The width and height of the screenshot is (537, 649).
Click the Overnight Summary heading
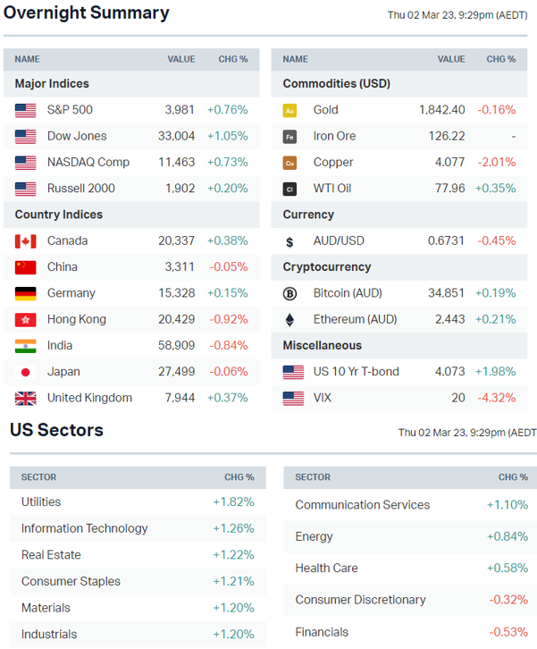(x=87, y=13)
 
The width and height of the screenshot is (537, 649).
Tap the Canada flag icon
(x=26, y=240)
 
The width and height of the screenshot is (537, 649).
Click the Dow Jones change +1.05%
(x=227, y=136)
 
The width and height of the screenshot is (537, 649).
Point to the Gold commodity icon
(x=289, y=110)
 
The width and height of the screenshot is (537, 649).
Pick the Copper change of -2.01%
(x=496, y=162)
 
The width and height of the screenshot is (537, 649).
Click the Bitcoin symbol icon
(x=289, y=293)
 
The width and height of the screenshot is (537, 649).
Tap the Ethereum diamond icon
(x=289, y=319)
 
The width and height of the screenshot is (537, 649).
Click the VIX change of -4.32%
(x=496, y=398)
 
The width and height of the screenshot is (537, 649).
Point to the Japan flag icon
(x=26, y=372)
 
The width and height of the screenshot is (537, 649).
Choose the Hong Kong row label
(x=76, y=319)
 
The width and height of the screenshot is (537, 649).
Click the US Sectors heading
(x=56, y=430)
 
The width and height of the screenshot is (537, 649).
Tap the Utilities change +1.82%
(x=233, y=502)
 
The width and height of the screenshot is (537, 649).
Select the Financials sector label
(x=323, y=631)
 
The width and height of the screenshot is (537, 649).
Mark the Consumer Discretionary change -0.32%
(x=508, y=599)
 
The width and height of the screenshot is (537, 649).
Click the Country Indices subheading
(x=59, y=215)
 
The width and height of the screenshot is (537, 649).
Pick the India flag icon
(x=26, y=346)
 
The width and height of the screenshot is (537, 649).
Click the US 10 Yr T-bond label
(x=356, y=372)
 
